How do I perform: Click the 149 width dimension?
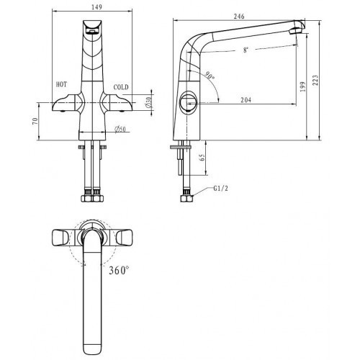pos(96,7)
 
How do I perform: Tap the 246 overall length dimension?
pos(239,17)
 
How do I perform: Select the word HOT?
pos(61,84)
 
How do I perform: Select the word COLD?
pos(121,87)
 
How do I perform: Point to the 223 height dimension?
pos(315,80)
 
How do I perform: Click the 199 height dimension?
pos(303,86)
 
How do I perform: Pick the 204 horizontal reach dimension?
pos(246,99)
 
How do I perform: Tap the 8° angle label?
pos(246,50)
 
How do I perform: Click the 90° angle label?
pos(210,75)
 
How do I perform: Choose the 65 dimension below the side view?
pos(202,157)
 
